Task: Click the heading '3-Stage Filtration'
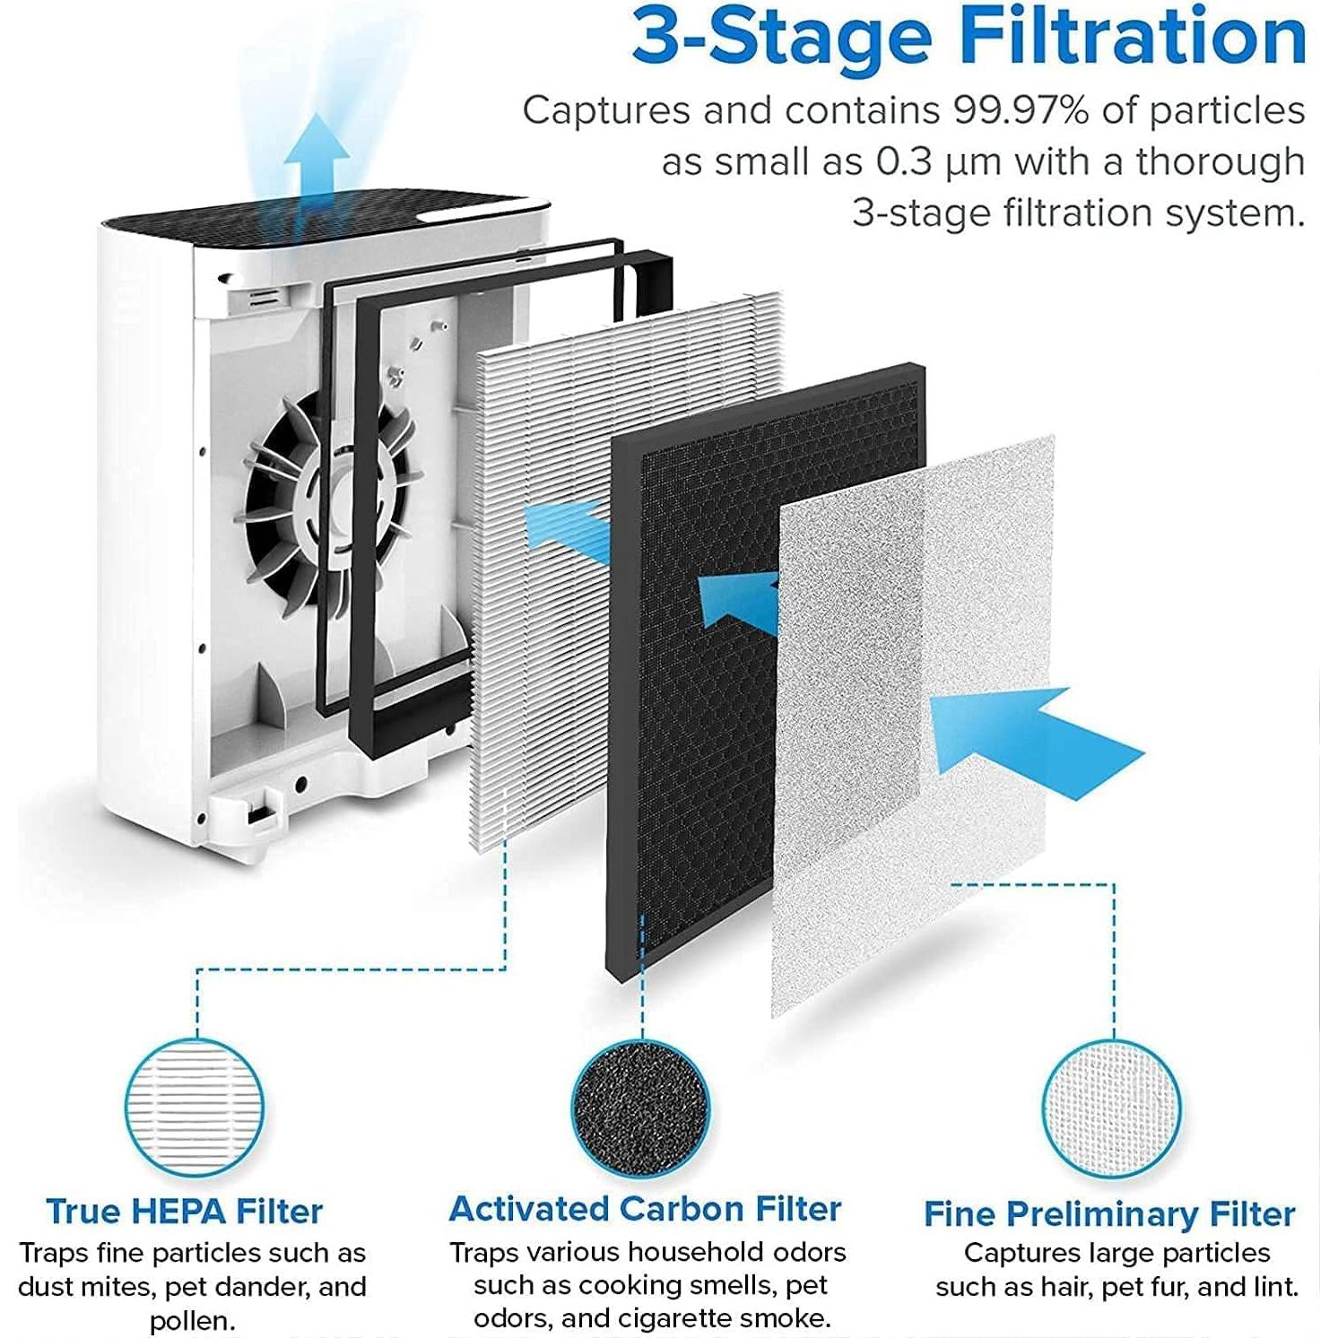tap(969, 38)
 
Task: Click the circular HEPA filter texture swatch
tap(195, 1108)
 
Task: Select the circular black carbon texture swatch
tap(641, 1108)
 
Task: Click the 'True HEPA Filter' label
tap(184, 1212)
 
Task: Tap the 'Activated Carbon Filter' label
tap(645, 1209)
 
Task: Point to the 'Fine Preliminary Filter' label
tap(1109, 1214)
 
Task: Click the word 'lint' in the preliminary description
tap(1274, 1287)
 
